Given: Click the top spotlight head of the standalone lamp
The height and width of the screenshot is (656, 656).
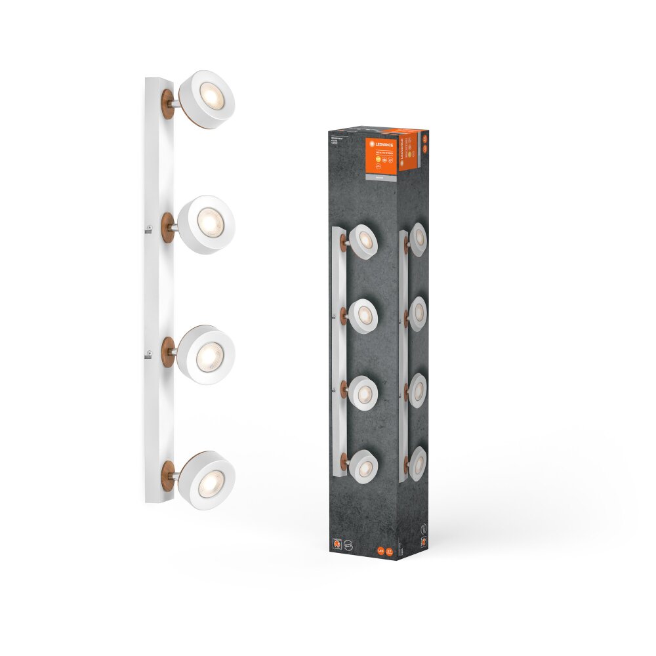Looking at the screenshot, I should coord(207,100).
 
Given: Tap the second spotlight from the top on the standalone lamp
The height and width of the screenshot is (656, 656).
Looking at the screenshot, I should coord(207,224).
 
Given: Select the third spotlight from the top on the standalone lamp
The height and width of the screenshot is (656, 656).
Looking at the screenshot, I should coord(206,354).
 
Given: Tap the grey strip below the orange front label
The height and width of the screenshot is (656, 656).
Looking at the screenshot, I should coord(380,176).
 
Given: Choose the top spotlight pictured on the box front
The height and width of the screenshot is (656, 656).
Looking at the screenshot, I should coord(363,241).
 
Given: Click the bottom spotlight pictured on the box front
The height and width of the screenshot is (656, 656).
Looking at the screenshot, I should coord(363,465).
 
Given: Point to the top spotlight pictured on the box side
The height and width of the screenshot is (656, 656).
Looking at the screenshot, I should coord(418,241).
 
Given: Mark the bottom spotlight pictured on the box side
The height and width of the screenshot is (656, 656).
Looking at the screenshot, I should coord(418,462).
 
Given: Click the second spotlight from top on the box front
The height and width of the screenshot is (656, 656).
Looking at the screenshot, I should coord(363,316).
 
